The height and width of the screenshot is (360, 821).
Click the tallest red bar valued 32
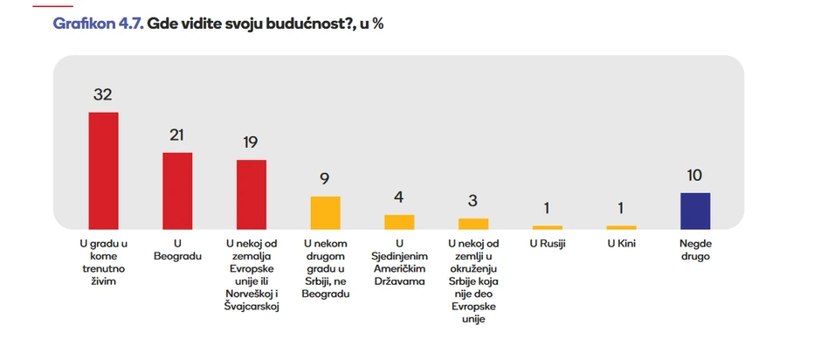(x=103, y=170)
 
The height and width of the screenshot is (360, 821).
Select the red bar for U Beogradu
(x=177, y=190)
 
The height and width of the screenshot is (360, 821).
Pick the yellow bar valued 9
(x=325, y=212)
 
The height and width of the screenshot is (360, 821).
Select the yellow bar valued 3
(x=473, y=224)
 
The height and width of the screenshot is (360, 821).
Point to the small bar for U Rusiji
(x=548, y=227)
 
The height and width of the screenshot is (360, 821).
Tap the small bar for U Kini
(x=621, y=227)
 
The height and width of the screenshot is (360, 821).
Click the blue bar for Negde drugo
(x=694, y=211)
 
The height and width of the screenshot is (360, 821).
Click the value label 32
(x=103, y=95)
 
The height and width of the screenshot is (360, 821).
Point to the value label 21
(x=177, y=135)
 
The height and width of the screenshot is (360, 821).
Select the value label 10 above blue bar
(x=694, y=176)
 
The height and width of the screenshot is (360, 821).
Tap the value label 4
(x=399, y=198)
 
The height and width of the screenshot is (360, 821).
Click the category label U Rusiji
(x=548, y=244)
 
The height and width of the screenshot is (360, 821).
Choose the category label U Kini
(x=621, y=244)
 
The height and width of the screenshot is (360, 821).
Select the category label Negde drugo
(x=694, y=250)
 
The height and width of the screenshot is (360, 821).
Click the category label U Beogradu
(x=177, y=250)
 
